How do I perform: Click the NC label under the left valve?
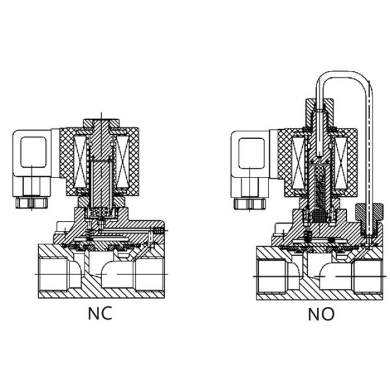[x=100, y=313]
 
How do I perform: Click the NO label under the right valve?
[x=321, y=315]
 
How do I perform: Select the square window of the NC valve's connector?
[x=34, y=151]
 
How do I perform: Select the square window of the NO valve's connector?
[x=252, y=153]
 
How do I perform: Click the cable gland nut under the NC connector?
[x=31, y=203]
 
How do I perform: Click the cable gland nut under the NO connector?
[x=250, y=203]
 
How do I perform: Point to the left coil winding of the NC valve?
[x=81, y=162]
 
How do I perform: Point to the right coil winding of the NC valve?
[x=122, y=162]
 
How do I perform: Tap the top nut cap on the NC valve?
[x=101, y=123]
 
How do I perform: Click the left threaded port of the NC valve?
[x=53, y=274]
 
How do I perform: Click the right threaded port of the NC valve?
[x=149, y=274]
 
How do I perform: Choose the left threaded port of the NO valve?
[x=272, y=276]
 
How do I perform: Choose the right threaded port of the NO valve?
[x=368, y=276]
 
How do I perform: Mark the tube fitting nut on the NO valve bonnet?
[x=369, y=212]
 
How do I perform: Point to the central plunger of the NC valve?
[x=101, y=183]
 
